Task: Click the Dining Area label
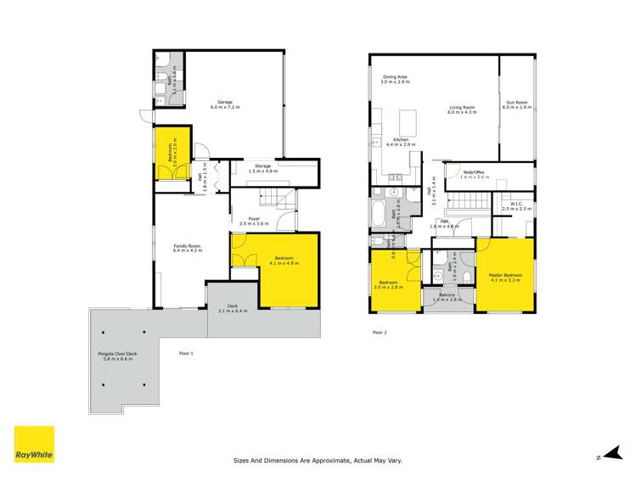click(396, 80)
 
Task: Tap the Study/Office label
click(476, 175)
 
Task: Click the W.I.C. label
click(515, 206)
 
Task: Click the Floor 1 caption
click(186, 353)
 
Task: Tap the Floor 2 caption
click(380, 332)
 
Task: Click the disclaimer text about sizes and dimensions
click(318, 461)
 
